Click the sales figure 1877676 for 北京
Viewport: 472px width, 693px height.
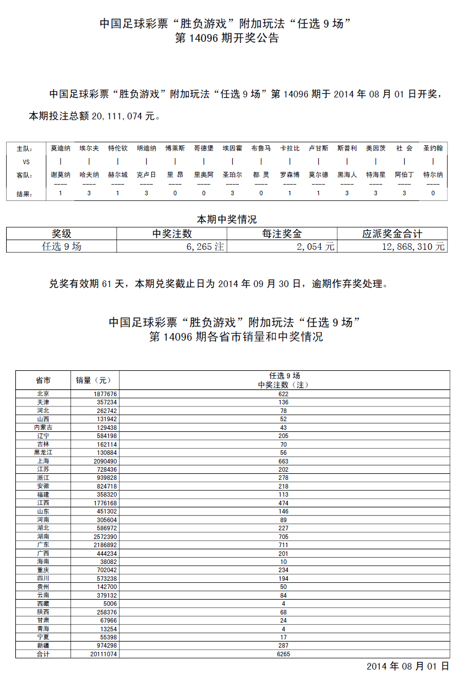(105, 394)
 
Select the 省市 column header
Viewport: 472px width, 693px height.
(43, 380)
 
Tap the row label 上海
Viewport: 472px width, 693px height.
(43, 461)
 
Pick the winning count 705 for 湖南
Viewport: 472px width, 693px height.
(284, 536)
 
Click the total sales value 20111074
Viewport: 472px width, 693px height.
(103, 654)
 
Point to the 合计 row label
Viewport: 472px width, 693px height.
(43, 654)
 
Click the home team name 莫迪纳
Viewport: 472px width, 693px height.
(61, 148)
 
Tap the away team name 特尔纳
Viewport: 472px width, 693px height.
(433, 175)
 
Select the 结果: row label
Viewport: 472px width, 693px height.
(24, 194)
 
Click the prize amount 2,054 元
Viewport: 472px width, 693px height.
(316, 247)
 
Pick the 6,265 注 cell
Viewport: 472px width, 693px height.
(205, 247)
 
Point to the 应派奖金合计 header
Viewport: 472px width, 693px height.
(392, 234)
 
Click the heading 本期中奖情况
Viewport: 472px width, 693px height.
(227, 219)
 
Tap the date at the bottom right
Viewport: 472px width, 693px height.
(407, 666)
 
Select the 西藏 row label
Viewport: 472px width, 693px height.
(43, 604)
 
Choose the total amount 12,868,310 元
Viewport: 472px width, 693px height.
(413, 247)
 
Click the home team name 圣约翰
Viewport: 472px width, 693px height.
(433, 148)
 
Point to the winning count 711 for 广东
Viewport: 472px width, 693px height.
(284, 545)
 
